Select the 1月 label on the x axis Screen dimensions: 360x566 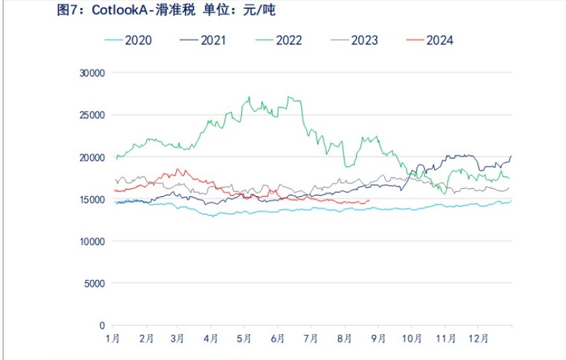(114, 340)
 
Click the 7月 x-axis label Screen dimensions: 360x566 (311, 340)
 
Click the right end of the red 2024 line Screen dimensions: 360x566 (368, 200)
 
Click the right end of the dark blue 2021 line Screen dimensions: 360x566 (511, 156)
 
